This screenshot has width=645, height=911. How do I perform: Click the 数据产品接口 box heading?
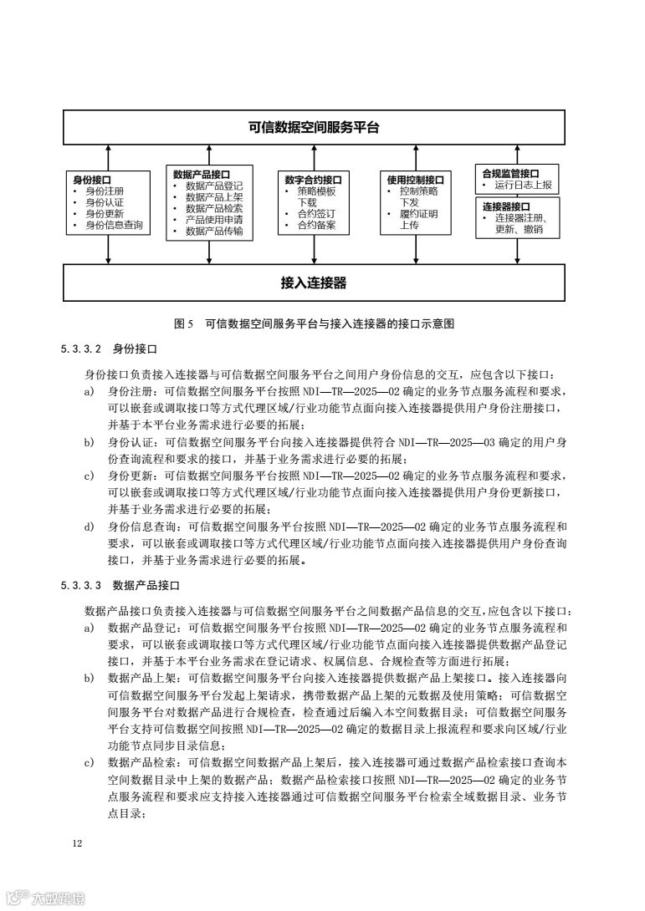point(202,174)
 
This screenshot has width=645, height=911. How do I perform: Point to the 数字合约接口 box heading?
point(313,179)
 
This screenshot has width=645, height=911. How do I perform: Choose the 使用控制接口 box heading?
point(415,179)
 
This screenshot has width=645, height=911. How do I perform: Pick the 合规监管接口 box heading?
point(510,173)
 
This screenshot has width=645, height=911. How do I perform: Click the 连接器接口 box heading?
point(506,206)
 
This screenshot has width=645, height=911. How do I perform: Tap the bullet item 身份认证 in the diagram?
point(105,202)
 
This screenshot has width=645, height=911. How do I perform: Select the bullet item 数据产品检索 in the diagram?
point(214,209)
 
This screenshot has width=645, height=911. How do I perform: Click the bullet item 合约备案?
point(316,226)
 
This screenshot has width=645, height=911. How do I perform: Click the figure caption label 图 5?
point(183,323)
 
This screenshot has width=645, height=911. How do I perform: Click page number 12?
point(77,843)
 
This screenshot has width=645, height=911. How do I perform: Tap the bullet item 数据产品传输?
point(214,232)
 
